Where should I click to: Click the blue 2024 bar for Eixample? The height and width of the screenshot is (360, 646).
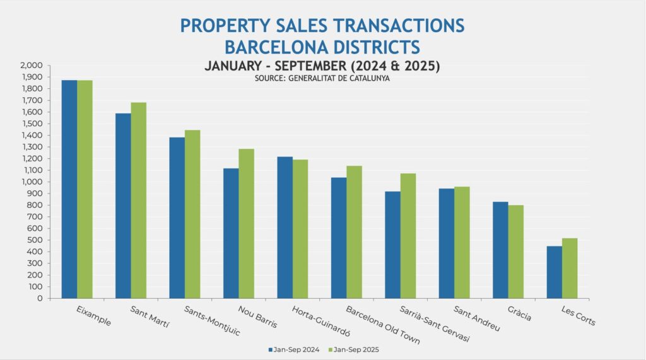(69, 189)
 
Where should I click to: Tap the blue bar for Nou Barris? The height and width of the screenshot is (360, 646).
(231, 233)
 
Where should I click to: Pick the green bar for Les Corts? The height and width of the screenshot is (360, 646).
(570, 268)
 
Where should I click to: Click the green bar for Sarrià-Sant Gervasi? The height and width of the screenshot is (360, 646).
(408, 236)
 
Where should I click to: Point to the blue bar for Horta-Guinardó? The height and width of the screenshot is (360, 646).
(285, 228)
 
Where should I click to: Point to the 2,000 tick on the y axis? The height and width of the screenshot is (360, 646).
(32, 65)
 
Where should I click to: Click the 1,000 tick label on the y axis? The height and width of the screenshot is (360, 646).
(32, 182)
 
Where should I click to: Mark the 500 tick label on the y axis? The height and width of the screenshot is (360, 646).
(35, 240)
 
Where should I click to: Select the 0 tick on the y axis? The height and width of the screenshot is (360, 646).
(40, 298)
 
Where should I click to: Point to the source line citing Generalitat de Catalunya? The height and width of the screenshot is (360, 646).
(322, 78)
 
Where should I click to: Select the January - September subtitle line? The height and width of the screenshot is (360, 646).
(322, 66)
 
